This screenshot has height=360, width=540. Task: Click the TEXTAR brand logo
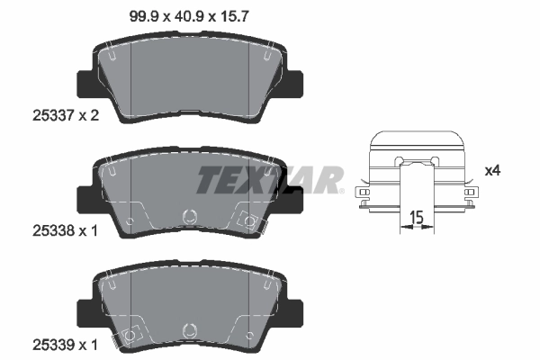(270, 180)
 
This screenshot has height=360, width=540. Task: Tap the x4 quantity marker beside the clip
(491, 169)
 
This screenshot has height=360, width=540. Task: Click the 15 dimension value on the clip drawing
(417, 217)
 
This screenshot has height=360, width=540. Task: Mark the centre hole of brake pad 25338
(189, 216)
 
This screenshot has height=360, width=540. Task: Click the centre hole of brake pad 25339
(189, 330)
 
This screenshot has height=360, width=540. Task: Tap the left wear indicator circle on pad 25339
(130, 335)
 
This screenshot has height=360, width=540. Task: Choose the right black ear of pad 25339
(292, 314)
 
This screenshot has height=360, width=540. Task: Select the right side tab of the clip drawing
(471, 194)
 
